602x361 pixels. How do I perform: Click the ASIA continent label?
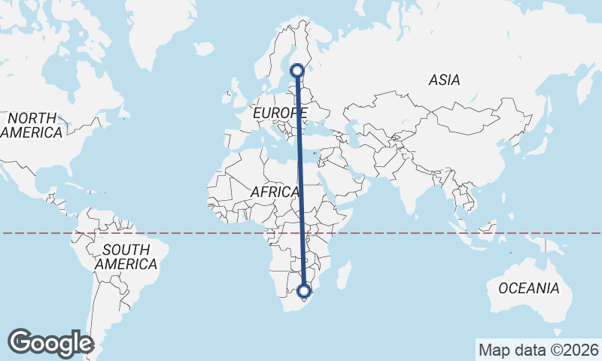[x=445, y=79]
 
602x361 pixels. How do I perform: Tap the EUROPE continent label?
[x=280, y=113]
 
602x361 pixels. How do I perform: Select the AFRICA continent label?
[x=275, y=192]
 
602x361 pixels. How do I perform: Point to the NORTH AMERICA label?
[x=32, y=126]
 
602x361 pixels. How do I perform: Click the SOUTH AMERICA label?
[x=126, y=257]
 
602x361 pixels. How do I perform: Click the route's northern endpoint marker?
[x=298, y=70]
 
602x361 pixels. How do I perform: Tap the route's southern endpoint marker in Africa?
[x=304, y=291]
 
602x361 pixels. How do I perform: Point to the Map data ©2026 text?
[x=539, y=350]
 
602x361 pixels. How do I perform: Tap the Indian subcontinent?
[x=412, y=188]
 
